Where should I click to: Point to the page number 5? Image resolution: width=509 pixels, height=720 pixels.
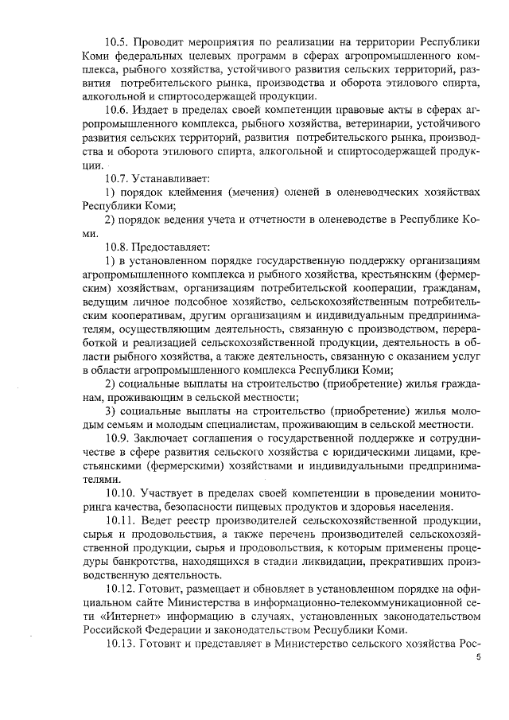click(478, 659)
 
